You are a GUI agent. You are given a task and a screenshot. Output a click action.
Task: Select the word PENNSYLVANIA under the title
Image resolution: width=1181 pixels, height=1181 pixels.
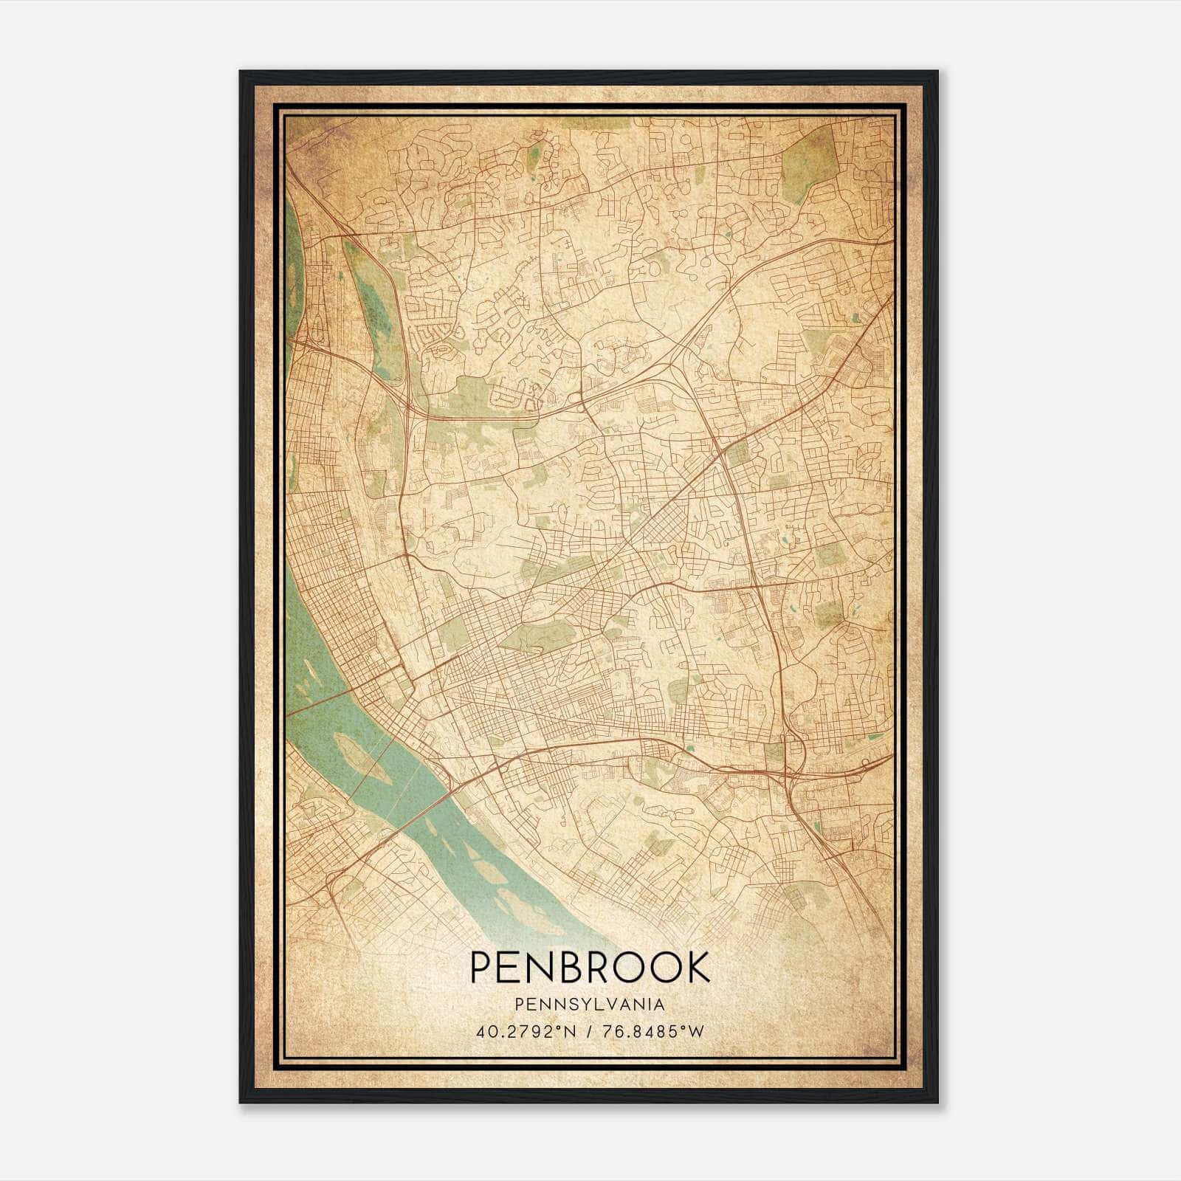coord(590,1005)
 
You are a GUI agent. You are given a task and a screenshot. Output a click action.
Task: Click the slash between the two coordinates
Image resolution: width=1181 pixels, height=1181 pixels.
coord(588,1031)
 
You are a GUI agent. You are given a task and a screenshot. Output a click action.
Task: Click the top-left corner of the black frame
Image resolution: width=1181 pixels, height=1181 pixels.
coord(241,72)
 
